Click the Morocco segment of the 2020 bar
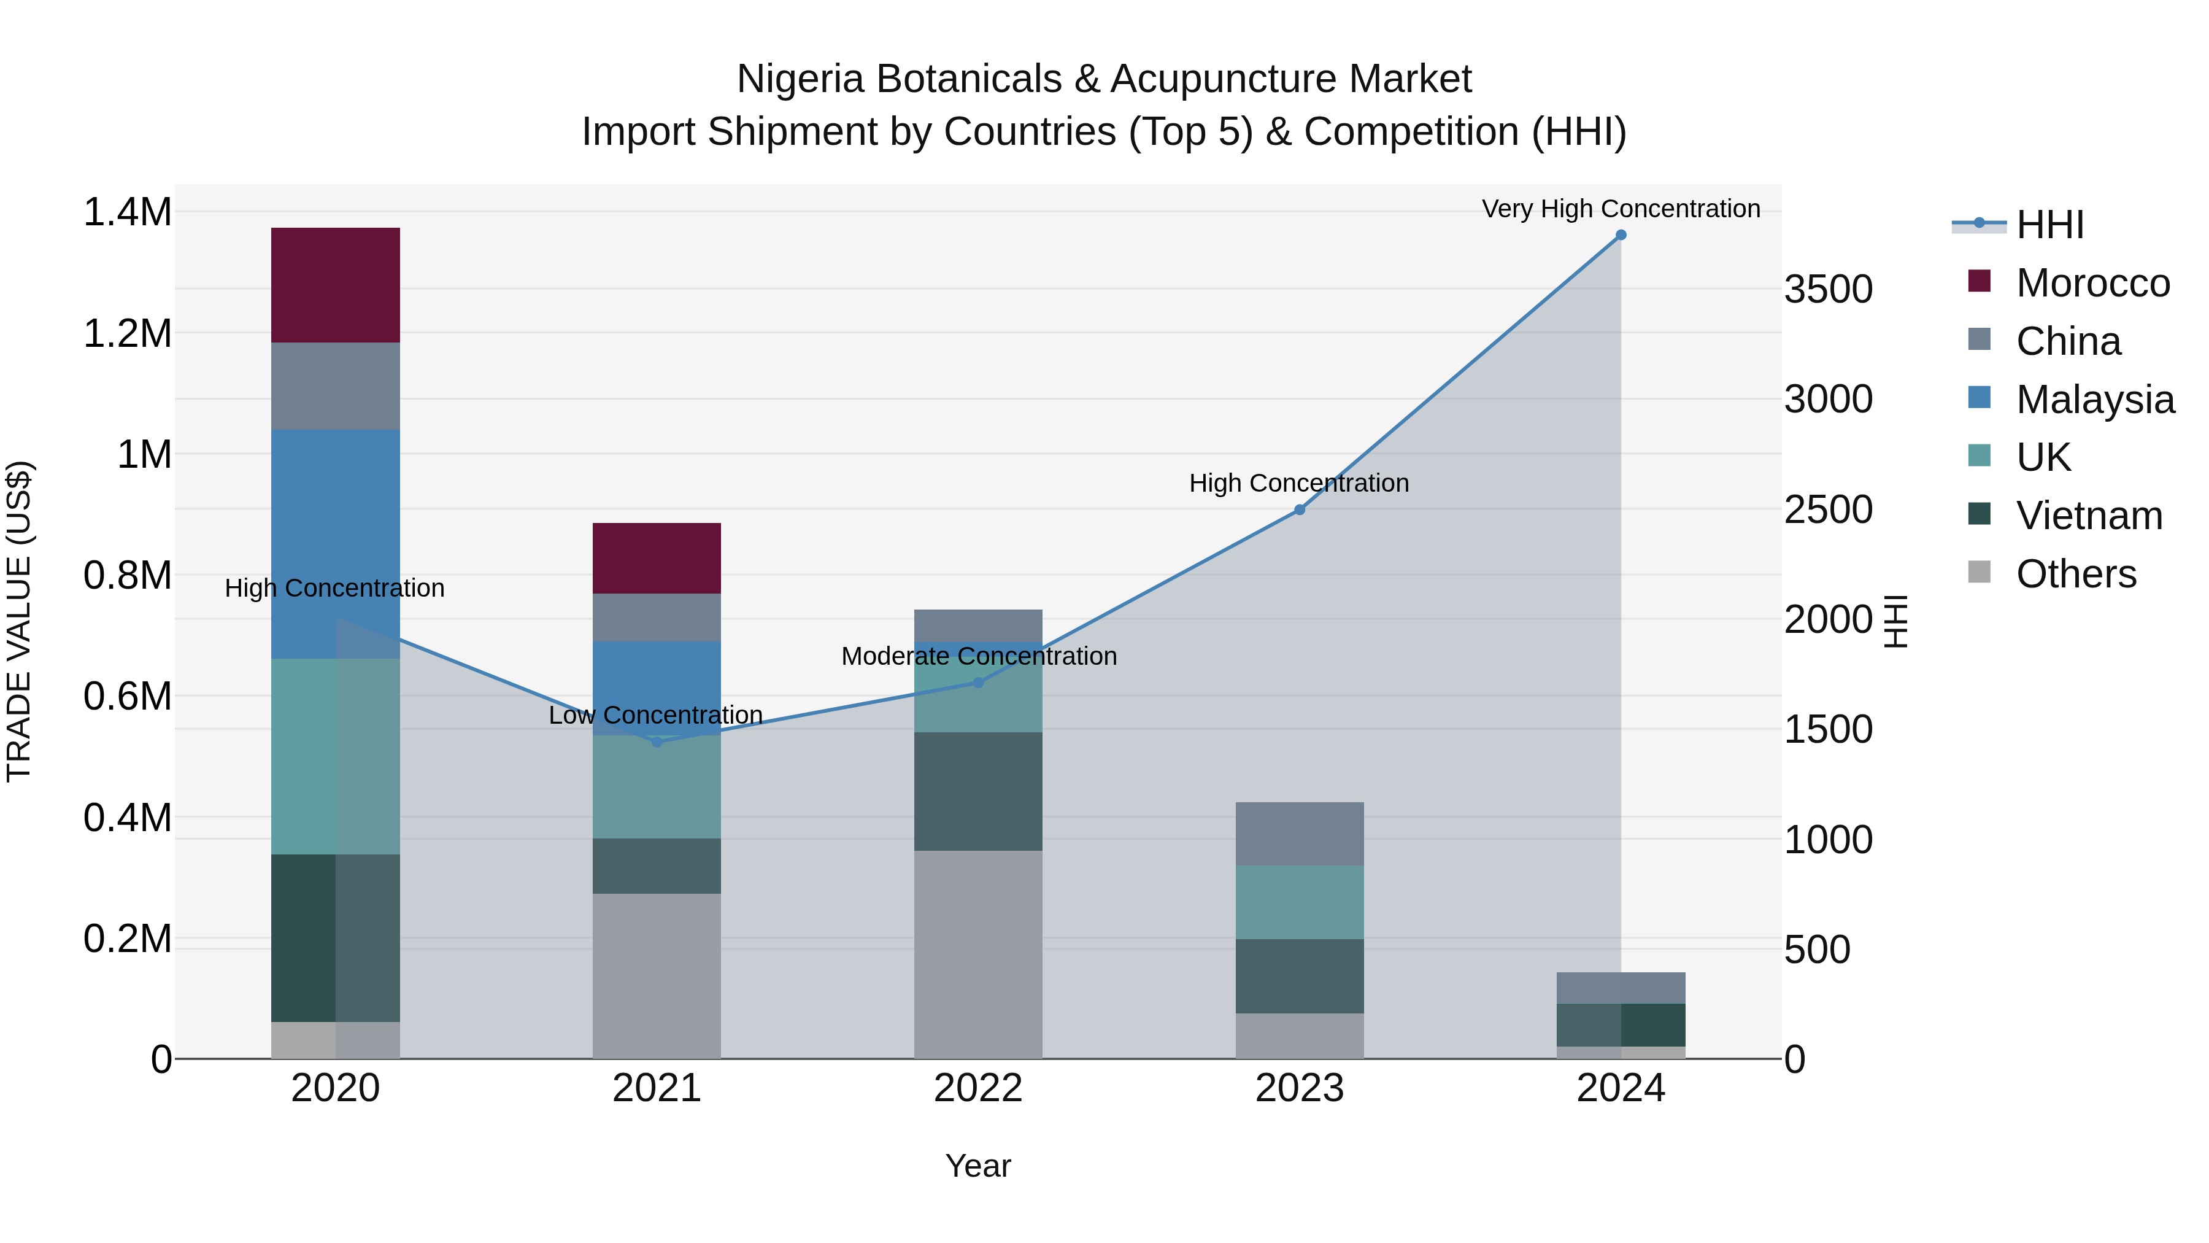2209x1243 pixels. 335,285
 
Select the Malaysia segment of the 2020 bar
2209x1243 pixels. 335,544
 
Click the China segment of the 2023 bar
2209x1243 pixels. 1299,834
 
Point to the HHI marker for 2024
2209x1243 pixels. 1621,235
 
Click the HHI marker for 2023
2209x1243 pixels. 1299,509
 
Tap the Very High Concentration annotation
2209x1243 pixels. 1621,209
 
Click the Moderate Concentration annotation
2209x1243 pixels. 979,656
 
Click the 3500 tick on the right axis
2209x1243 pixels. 1829,289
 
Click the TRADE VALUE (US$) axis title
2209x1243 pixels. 19,621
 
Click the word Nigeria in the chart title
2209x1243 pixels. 800,79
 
